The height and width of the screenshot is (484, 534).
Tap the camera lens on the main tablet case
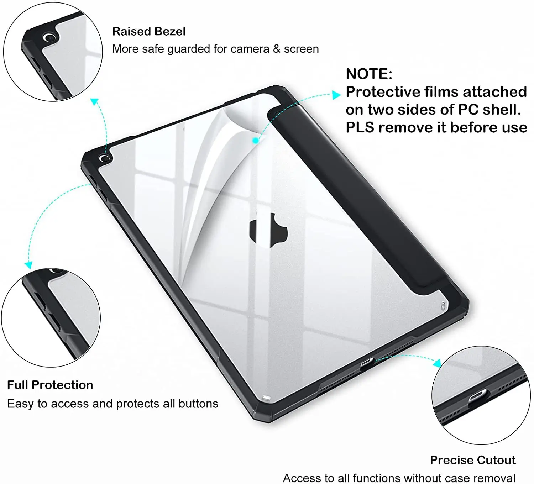click(104, 158)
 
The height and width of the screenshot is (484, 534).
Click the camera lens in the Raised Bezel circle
click(49, 37)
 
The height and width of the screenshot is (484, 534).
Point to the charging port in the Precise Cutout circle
click(477, 395)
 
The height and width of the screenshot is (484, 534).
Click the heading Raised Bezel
click(149, 32)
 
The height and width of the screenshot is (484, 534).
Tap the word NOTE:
click(369, 74)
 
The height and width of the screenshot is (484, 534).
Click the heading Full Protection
click(50, 385)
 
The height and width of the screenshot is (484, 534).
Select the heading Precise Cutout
click(472, 460)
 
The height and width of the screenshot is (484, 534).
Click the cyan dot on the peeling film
click(255, 141)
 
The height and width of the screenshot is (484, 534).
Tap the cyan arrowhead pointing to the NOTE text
click(336, 95)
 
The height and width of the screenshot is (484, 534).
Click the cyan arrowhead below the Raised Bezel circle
click(94, 102)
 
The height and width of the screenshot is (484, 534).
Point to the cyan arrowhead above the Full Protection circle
click(28, 265)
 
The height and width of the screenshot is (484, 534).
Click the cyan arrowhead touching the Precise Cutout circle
click(437, 363)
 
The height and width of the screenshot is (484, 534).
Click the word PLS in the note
click(360, 127)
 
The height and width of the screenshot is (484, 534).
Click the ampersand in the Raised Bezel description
click(277, 49)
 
